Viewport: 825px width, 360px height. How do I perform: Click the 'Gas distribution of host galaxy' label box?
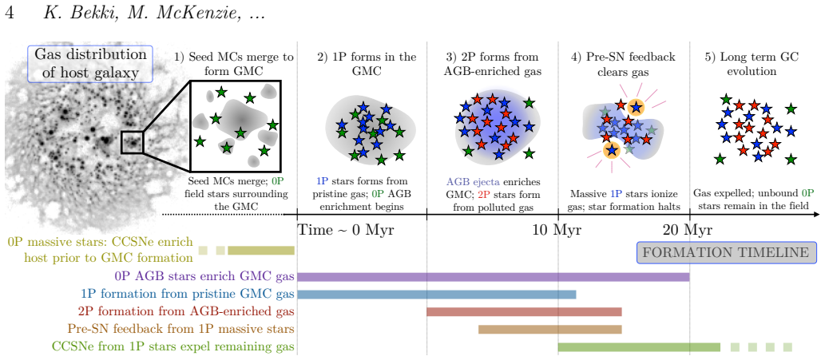pos(90,64)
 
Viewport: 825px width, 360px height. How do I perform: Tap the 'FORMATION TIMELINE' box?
pos(727,253)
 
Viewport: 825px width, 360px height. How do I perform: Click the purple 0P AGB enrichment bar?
pos(494,277)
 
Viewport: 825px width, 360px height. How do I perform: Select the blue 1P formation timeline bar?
pos(437,295)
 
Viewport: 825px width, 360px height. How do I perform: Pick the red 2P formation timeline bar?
pos(524,312)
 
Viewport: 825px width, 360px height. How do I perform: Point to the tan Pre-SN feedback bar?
pos(549,330)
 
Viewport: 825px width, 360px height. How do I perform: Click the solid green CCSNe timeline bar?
pos(639,347)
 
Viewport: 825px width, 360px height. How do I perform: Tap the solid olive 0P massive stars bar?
pos(261,250)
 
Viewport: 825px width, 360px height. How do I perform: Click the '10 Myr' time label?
pos(558,230)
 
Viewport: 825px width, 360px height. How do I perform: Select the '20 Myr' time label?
pos(688,230)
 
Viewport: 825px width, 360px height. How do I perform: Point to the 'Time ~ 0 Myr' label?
pos(346,230)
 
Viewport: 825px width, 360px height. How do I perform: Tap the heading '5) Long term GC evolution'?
pos(752,64)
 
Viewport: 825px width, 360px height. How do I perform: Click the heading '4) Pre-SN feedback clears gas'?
pos(624,64)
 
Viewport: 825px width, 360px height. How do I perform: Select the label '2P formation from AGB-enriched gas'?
pos(186,311)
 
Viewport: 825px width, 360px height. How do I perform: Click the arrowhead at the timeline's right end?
pos(816,215)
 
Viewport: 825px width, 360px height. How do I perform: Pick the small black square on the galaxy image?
pos(132,142)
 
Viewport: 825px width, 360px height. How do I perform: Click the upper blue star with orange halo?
pos(636,107)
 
